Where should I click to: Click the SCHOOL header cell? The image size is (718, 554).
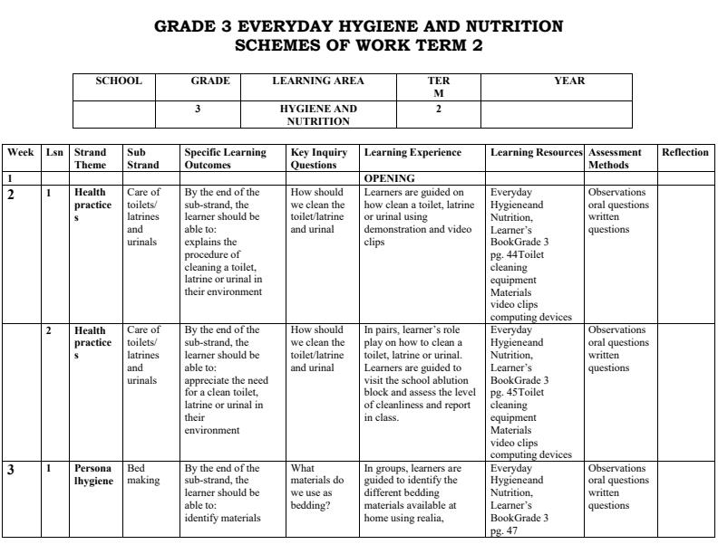[x=119, y=81]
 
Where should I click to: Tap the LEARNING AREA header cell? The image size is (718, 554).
[x=318, y=81]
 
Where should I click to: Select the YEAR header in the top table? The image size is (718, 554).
[x=569, y=81]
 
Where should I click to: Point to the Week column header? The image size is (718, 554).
[x=21, y=152]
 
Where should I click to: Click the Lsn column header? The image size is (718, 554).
[x=54, y=152]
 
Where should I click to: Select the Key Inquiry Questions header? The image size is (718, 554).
[x=319, y=158]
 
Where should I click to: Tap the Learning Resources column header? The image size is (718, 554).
[x=537, y=152]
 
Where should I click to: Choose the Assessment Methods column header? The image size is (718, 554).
[x=615, y=158]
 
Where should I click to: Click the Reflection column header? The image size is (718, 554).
[x=685, y=152]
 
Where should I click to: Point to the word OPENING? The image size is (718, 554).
[x=389, y=178]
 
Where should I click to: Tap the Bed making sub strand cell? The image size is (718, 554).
[x=141, y=474]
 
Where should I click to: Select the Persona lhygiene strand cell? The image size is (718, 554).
[x=94, y=474]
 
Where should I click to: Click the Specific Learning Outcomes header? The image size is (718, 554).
[x=225, y=158]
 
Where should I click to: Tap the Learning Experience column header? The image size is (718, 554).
[x=412, y=152]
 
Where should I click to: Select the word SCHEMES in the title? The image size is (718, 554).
[x=277, y=45]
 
